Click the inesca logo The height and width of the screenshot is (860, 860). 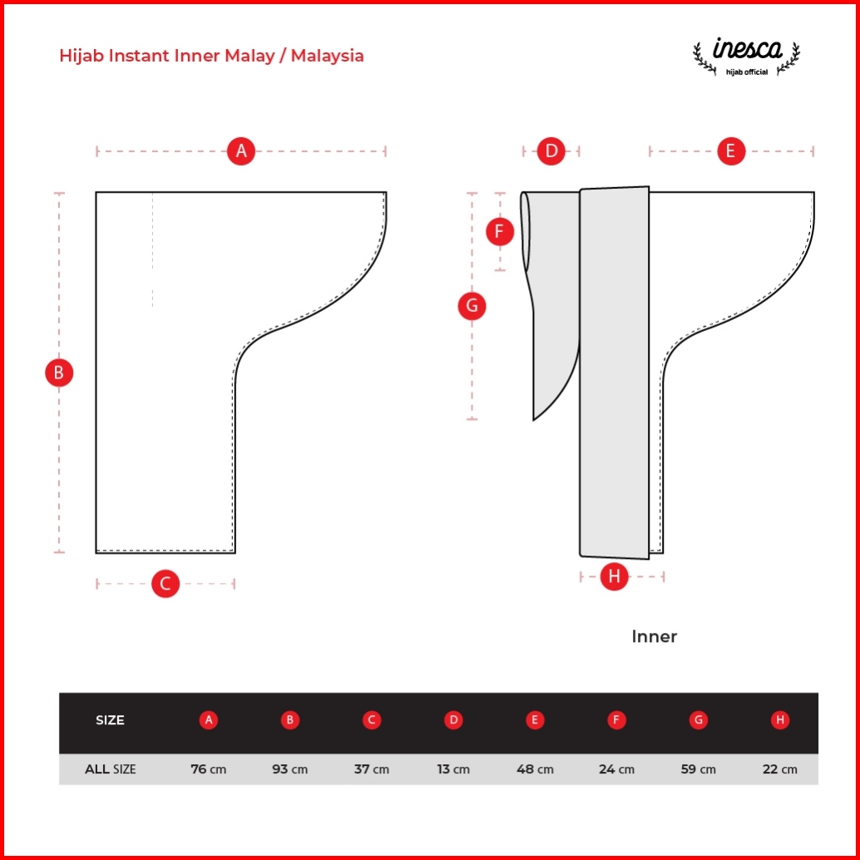point(746,56)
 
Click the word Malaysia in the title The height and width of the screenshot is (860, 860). point(327,56)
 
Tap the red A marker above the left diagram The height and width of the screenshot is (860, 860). point(240,151)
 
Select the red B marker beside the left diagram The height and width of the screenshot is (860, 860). point(59,373)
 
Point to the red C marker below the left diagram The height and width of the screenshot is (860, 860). point(165,583)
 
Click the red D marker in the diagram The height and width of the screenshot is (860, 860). point(551,151)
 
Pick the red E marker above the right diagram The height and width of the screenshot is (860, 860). point(731,151)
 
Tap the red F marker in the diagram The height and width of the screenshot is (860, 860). point(500,231)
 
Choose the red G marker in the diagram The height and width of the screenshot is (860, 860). point(472,305)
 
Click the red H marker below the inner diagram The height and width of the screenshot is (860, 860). point(614,576)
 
